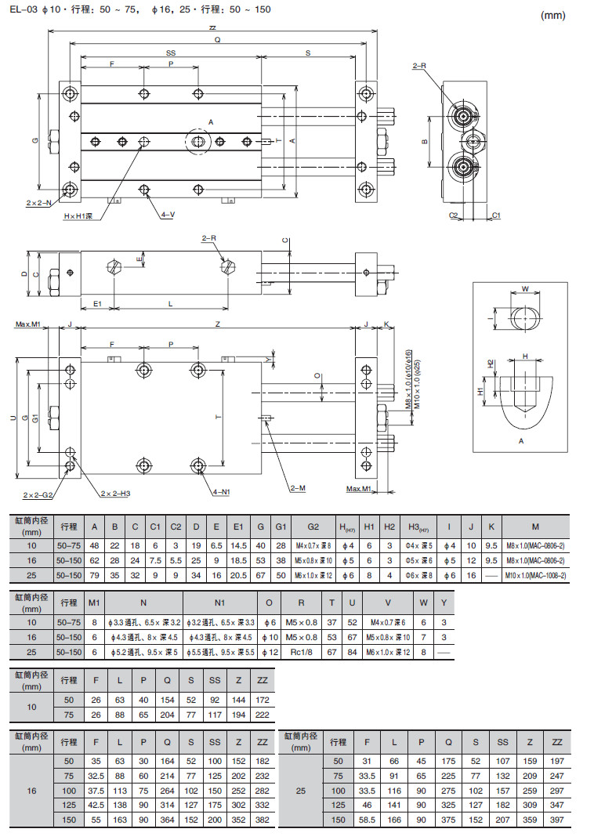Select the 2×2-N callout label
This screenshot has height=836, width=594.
point(38,203)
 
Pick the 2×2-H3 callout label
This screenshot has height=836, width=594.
point(114,494)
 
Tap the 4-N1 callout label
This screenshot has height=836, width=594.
point(222,493)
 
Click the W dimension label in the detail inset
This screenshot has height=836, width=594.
point(524,288)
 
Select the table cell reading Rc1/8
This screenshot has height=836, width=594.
point(301,652)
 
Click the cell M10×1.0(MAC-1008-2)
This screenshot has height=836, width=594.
point(535,576)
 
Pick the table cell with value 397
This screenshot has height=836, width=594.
point(556,820)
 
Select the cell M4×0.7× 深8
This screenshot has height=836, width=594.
point(312,545)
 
